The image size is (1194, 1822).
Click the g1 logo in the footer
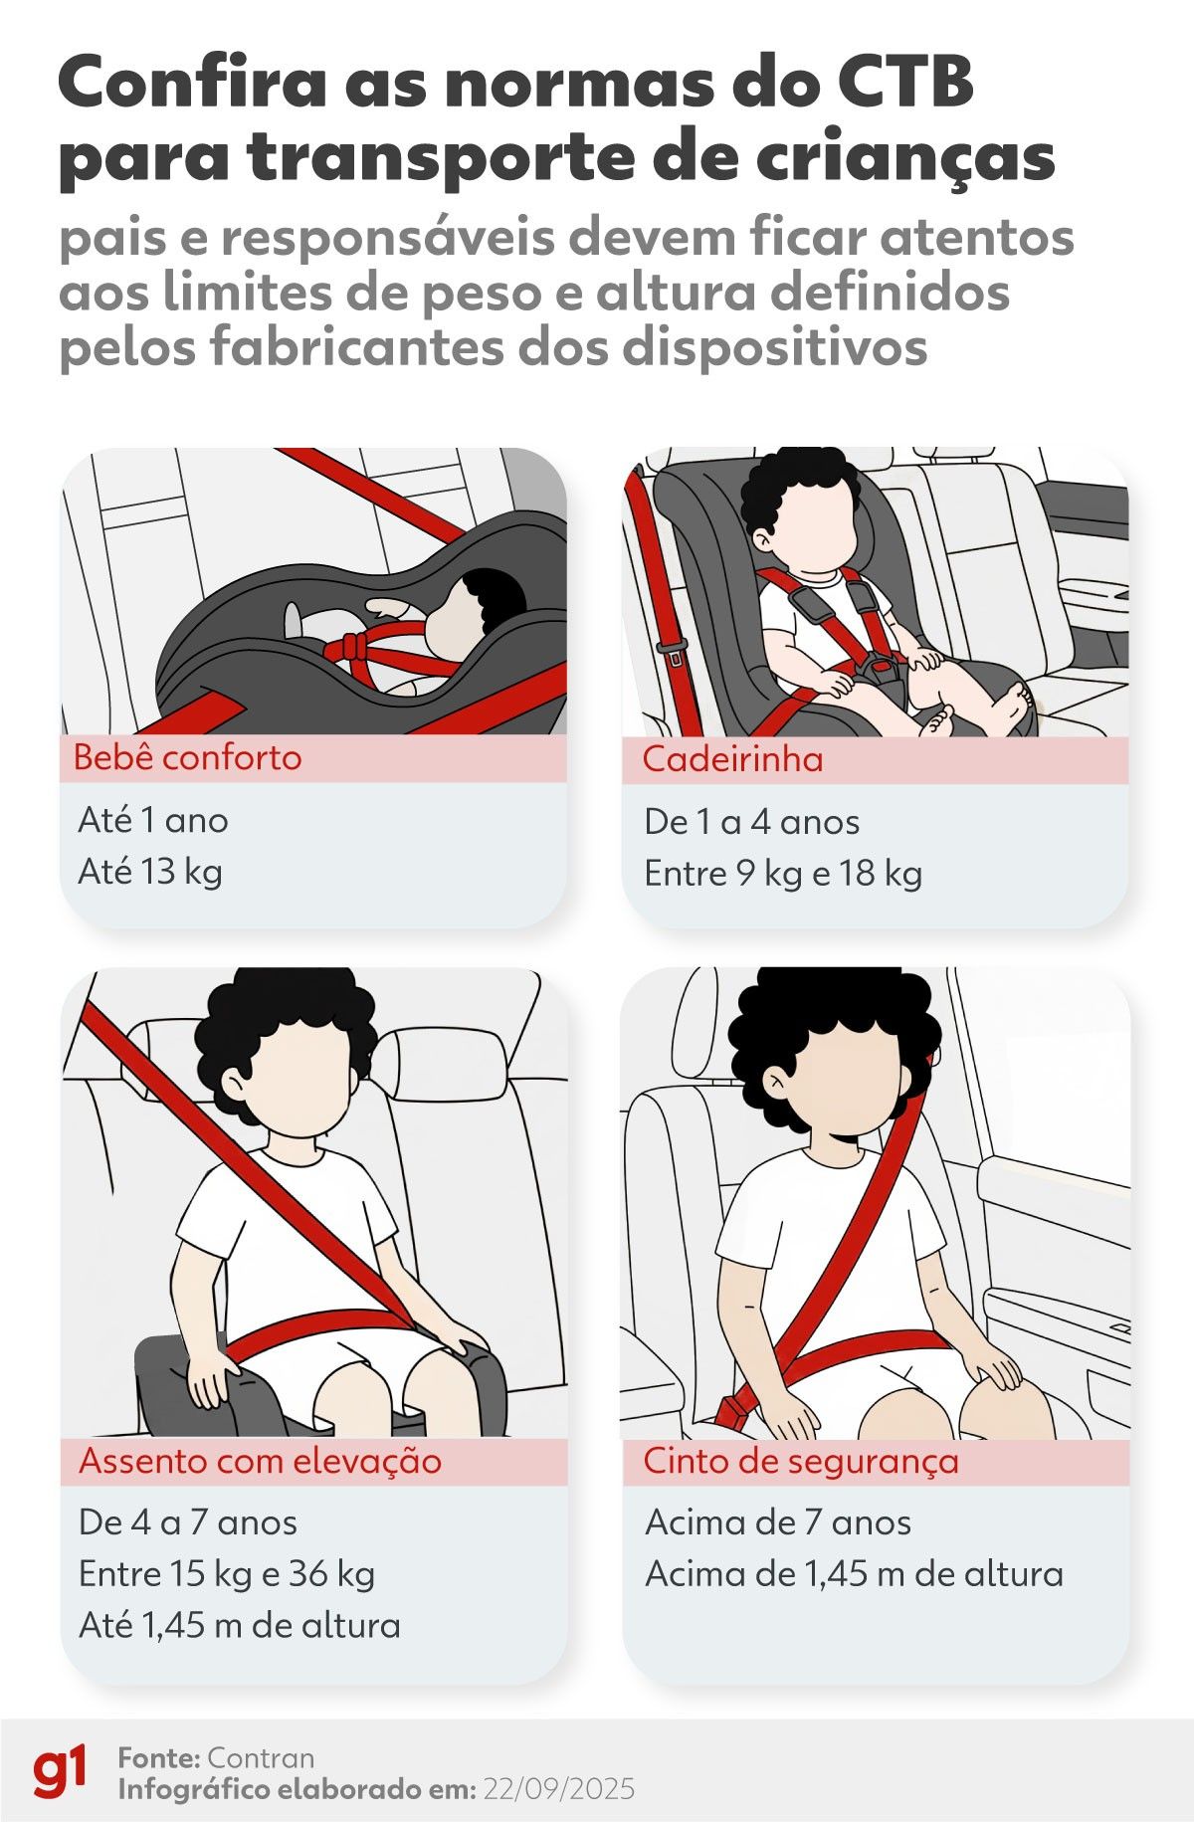click(60, 1771)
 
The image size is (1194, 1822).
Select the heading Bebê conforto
click(187, 758)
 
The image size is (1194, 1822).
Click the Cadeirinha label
click(732, 759)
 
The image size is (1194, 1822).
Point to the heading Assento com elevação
click(260, 1461)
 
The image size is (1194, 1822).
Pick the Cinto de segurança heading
click(801, 1461)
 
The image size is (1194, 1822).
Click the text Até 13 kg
click(150, 872)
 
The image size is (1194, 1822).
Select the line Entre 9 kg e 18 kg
click(783, 874)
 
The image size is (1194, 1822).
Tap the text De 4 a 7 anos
click(188, 1522)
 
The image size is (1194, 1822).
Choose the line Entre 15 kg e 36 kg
click(227, 1574)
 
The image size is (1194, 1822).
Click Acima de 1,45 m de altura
click(854, 1574)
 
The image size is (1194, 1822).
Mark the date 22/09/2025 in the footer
click(558, 1789)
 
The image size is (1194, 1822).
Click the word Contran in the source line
click(261, 1757)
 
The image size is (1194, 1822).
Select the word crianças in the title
click(929, 157)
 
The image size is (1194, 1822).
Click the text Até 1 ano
click(153, 821)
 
